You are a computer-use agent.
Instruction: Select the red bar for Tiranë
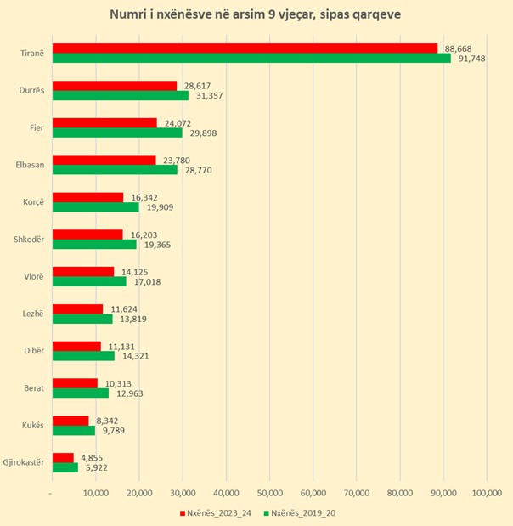point(245,48)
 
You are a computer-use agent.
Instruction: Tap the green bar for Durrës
point(121,95)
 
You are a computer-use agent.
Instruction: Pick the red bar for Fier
point(104,122)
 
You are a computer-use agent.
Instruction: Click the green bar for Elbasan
point(115,170)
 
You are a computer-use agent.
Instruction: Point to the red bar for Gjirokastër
point(63,457)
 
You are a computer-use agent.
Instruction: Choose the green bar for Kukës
point(73,430)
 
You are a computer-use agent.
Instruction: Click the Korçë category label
point(31,202)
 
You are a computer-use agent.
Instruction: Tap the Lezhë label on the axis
point(32,314)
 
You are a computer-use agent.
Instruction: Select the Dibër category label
point(32,351)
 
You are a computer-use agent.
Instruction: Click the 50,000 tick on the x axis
point(269,493)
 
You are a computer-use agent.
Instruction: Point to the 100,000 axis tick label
point(486,493)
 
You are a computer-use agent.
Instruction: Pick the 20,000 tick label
point(138,493)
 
